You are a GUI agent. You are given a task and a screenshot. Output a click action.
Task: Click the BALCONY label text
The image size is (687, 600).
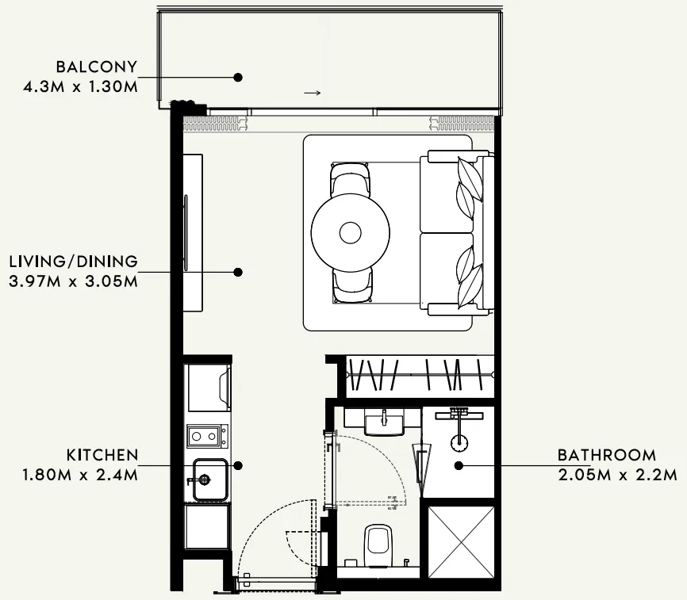97,67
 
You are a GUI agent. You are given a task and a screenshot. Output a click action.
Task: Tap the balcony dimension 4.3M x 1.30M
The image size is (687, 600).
80,86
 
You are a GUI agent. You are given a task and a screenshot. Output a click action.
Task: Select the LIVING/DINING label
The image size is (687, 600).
74,262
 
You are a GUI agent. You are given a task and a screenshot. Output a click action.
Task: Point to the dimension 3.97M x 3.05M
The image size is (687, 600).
73,281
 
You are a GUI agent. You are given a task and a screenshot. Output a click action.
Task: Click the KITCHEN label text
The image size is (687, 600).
102,455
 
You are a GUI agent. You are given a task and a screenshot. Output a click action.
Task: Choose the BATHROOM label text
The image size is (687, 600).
607,455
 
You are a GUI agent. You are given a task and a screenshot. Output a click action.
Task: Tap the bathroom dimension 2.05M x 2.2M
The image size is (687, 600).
618,475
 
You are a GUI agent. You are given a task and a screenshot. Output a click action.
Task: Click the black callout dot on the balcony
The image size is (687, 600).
238,78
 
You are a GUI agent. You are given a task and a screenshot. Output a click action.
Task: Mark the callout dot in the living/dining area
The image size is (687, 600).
238,272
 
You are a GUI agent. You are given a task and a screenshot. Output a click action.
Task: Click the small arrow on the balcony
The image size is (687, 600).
313,93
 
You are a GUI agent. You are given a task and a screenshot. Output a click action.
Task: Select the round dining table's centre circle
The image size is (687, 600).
350,233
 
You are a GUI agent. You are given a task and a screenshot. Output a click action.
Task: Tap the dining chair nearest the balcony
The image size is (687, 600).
350,179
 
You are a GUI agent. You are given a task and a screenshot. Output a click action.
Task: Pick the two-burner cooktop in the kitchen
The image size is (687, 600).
208,436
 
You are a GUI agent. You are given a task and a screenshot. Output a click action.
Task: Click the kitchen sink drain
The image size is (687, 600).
205,480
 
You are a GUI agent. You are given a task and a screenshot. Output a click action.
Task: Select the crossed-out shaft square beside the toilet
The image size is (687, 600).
461,543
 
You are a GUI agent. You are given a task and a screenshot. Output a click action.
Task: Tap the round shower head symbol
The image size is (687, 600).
459,442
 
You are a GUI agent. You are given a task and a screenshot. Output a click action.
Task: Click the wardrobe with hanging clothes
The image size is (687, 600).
420,376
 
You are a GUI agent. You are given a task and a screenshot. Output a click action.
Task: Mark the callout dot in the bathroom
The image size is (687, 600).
459,465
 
